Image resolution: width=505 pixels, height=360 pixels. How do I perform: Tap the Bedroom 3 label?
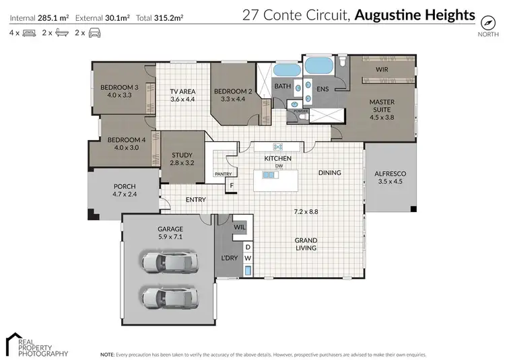119,92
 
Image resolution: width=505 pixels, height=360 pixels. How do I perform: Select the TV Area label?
182,95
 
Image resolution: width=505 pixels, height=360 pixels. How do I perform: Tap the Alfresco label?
391,177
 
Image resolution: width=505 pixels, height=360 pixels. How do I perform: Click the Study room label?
182,159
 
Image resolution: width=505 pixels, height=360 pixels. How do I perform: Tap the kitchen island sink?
270,175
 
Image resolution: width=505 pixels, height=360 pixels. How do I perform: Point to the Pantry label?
224,174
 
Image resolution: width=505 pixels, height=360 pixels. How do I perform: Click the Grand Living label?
306,244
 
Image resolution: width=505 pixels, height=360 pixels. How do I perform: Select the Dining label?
330,173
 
